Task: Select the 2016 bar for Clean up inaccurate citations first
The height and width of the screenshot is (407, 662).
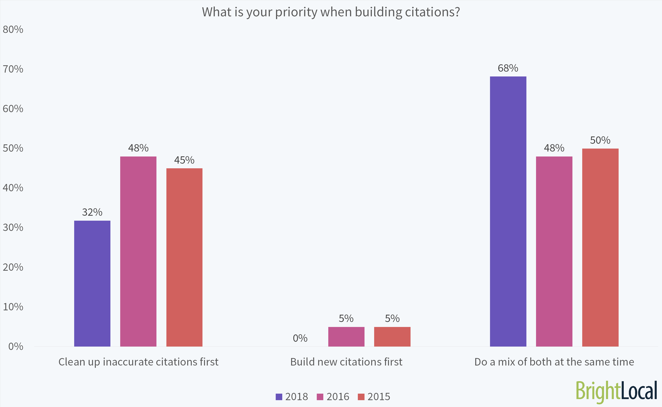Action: [x=138, y=251]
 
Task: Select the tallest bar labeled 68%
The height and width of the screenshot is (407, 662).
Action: [x=508, y=211]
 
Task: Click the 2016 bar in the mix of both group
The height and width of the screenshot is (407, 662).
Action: [x=554, y=251]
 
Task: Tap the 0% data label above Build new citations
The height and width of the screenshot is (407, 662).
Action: [x=300, y=338]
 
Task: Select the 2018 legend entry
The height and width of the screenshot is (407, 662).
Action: [x=292, y=396]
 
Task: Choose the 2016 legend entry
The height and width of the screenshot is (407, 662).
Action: [x=333, y=396]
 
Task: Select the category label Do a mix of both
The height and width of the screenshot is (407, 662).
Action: [x=554, y=362]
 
